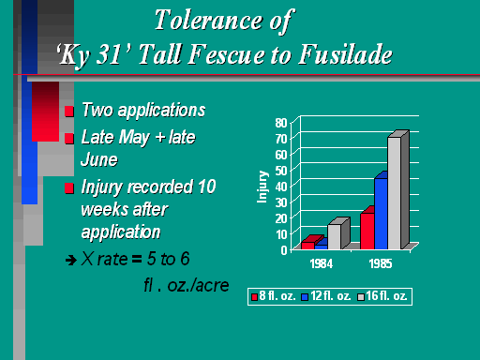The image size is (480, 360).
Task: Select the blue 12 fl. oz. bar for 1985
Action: pyautogui.click(x=381, y=214)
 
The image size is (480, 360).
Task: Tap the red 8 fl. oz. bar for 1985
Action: pyautogui.click(x=367, y=231)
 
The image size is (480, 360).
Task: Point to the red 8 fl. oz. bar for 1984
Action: pyautogui.click(x=309, y=245)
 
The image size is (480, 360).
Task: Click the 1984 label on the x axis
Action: pyautogui.click(x=322, y=263)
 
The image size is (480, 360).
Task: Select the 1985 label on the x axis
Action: pyautogui.click(x=381, y=263)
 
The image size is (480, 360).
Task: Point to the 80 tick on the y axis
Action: pyautogui.click(x=281, y=123)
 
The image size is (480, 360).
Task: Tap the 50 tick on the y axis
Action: pyautogui.click(x=281, y=171)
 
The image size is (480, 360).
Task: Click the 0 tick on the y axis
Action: pyautogui.click(x=284, y=250)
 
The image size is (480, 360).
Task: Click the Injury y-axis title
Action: pyautogui.click(x=262, y=187)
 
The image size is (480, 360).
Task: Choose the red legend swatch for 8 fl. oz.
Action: pyautogui.click(x=254, y=297)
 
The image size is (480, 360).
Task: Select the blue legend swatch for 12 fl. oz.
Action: pyautogui.click(x=305, y=297)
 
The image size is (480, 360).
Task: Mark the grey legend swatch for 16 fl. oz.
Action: pyautogui.click(x=361, y=297)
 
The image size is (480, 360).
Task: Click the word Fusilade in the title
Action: pyautogui.click(x=346, y=54)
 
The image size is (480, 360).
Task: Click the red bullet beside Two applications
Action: pyautogui.click(x=69, y=112)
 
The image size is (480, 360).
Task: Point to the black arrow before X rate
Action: pyautogui.click(x=71, y=260)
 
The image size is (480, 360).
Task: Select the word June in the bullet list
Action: pyautogui.click(x=99, y=160)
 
